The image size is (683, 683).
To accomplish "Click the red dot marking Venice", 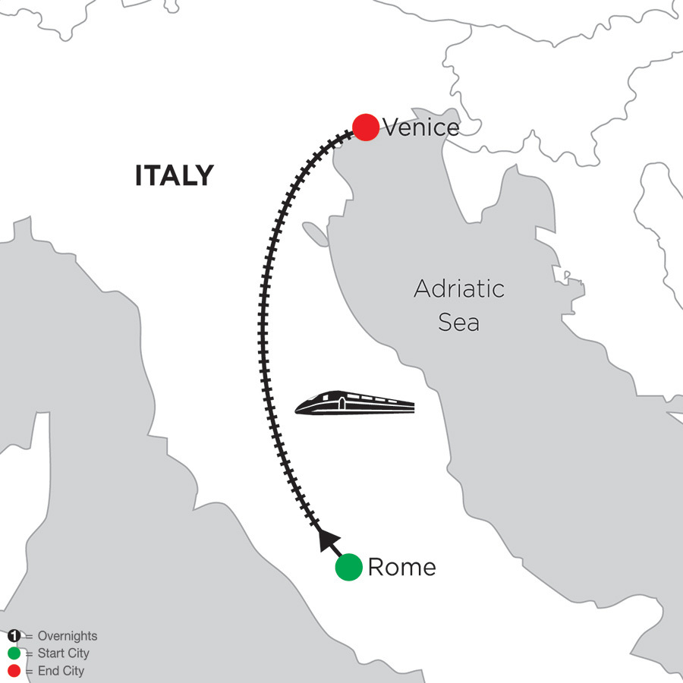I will pos(366,127).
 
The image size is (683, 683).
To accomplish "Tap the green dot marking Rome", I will pos(348,568).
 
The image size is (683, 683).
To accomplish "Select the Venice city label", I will pos(421,127).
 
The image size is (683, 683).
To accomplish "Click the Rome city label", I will pos(401,568).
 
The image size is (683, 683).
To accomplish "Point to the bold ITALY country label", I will pos(174,176).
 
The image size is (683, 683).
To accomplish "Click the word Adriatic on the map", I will pos(459,289).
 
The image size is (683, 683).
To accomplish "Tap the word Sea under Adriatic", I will pos(459,323).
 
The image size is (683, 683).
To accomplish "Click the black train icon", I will pos(354,404).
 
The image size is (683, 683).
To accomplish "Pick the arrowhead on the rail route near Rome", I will pos(325,539).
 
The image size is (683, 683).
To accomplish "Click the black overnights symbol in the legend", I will pos(14,636).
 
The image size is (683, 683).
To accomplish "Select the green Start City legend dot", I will pos(14,653).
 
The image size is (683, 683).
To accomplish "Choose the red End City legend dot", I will pos(14,671).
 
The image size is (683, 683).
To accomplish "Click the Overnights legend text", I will pos(67,637).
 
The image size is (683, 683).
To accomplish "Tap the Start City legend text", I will pos(63,653).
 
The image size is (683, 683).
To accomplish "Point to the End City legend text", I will pos(61,671).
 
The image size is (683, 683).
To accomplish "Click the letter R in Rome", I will pos(375,568).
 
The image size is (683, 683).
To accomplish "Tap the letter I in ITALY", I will pos(139,176).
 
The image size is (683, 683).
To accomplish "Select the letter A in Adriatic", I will pos(422,289).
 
